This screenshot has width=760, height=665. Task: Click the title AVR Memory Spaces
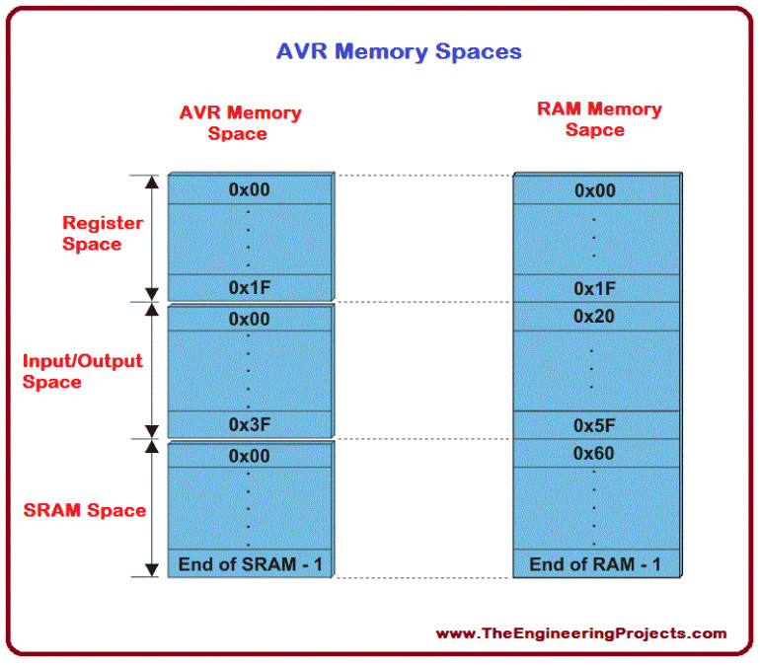point(398,51)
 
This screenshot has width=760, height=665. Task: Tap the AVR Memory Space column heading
point(240,122)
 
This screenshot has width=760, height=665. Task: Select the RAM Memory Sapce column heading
point(598,119)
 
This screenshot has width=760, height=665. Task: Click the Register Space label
point(103,234)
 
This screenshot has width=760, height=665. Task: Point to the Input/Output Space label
point(82,371)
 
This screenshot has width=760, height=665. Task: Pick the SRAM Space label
point(85,510)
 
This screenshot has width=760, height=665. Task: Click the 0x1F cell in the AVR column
point(249,287)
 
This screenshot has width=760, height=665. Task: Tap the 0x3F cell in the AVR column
point(249,423)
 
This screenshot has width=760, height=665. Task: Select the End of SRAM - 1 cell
point(249,564)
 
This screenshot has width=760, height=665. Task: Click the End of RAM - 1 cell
point(595,564)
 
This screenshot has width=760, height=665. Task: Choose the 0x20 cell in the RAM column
point(595,317)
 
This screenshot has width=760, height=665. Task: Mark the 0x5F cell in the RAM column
point(595,425)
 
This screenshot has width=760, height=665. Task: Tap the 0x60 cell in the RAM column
point(595,454)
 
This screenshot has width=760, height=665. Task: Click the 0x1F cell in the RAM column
point(595,288)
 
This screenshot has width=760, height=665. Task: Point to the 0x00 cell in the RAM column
point(595,190)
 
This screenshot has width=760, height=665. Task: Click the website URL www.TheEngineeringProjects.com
point(580,633)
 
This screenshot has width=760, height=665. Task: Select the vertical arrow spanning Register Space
point(151,237)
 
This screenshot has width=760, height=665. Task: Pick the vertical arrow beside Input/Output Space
point(151,370)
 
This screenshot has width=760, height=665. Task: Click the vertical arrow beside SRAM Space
point(151,508)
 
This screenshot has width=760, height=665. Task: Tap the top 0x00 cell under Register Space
point(249,190)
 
